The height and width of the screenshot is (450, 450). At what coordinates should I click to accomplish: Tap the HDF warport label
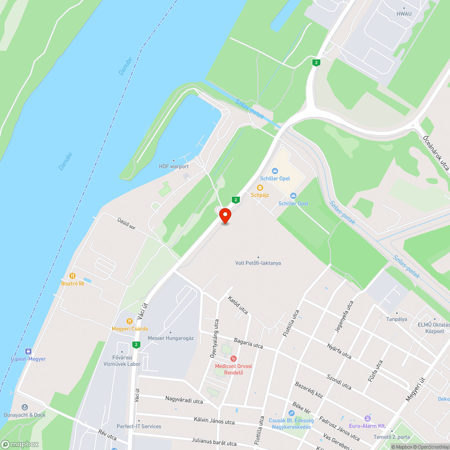coord(174,166)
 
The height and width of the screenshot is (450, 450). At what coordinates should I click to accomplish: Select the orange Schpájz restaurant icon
coord(260,188)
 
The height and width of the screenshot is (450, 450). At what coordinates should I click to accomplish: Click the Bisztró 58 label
coord(72,283)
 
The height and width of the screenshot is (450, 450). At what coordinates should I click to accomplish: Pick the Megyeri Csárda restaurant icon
coord(129,321)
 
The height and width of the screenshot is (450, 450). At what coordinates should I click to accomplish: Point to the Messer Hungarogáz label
coord(171,338)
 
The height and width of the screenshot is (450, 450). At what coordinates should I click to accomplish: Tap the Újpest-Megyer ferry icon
coord(28,351)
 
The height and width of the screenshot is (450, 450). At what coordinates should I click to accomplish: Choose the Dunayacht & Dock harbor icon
coord(24,407)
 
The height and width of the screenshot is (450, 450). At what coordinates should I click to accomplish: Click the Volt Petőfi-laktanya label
coord(258,263)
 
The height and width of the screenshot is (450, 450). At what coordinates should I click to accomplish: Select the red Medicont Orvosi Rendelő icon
coord(233,359)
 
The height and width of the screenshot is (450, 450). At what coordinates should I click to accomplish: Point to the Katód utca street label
coord(238,305)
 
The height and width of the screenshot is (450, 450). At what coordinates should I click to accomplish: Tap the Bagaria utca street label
coord(248,343)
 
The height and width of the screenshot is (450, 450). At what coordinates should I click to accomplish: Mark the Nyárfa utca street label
coord(340,349)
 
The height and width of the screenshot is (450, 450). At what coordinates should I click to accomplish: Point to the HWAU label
coord(404,13)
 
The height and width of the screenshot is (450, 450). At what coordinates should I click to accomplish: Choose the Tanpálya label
coord(397,319)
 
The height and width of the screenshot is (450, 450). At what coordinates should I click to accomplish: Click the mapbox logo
coord(20,444)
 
